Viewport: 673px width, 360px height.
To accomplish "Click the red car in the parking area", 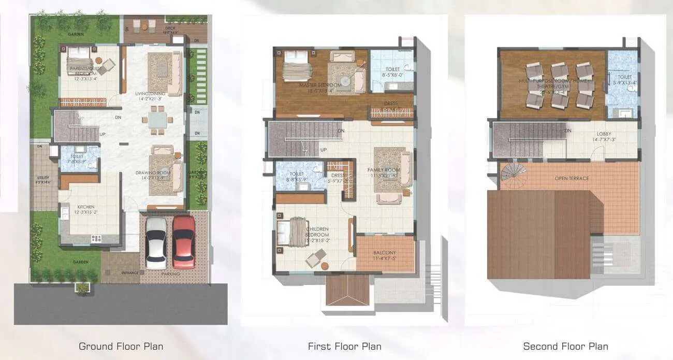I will [184, 241].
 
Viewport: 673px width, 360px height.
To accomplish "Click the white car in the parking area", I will [156, 242].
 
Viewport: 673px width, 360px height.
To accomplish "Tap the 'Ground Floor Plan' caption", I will [121, 346].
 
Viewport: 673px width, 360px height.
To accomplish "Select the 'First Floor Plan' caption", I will [344, 346].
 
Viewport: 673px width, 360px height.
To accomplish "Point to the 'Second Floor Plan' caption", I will [565, 346].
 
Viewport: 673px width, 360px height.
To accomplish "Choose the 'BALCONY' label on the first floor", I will [385, 253].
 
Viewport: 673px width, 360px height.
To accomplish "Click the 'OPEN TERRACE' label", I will [572, 178].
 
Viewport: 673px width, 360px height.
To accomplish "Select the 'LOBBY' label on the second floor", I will [604, 133].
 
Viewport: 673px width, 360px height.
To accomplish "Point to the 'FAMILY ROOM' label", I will [384, 170].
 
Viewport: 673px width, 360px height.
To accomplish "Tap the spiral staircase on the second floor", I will [513, 171].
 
